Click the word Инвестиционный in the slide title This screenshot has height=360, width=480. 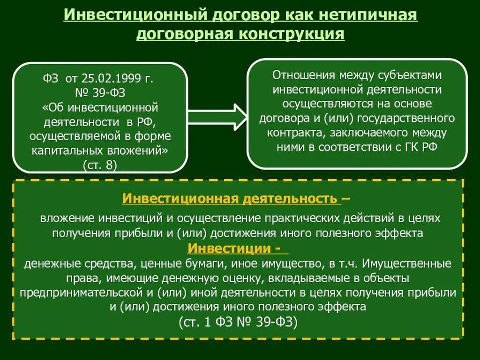(x=133, y=15)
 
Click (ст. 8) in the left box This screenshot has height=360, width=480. (x=100, y=165)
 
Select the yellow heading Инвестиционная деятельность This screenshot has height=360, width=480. (x=232, y=198)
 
